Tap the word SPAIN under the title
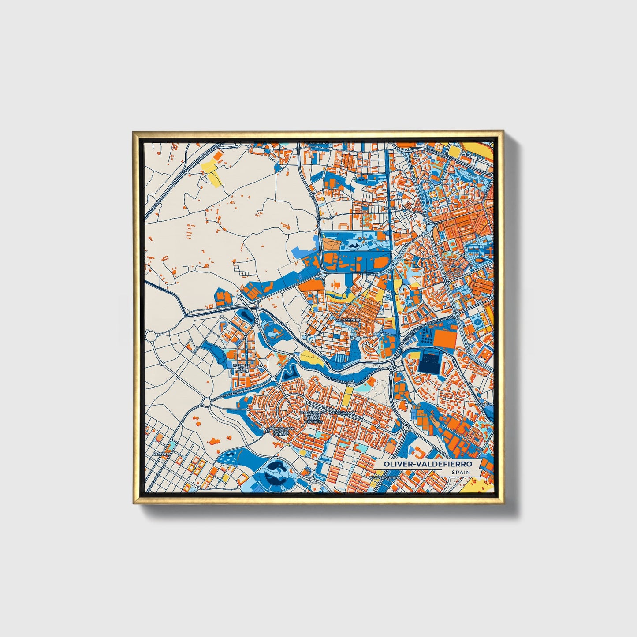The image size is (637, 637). (460, 473)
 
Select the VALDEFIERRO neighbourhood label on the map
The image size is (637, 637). (348, 320)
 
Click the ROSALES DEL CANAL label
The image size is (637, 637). (241, 369)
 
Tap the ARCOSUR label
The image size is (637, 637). (161, 454)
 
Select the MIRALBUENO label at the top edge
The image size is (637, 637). (317, 143)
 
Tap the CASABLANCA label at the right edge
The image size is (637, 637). (485, 403)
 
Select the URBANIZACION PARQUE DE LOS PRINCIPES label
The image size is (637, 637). (313, 417)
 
